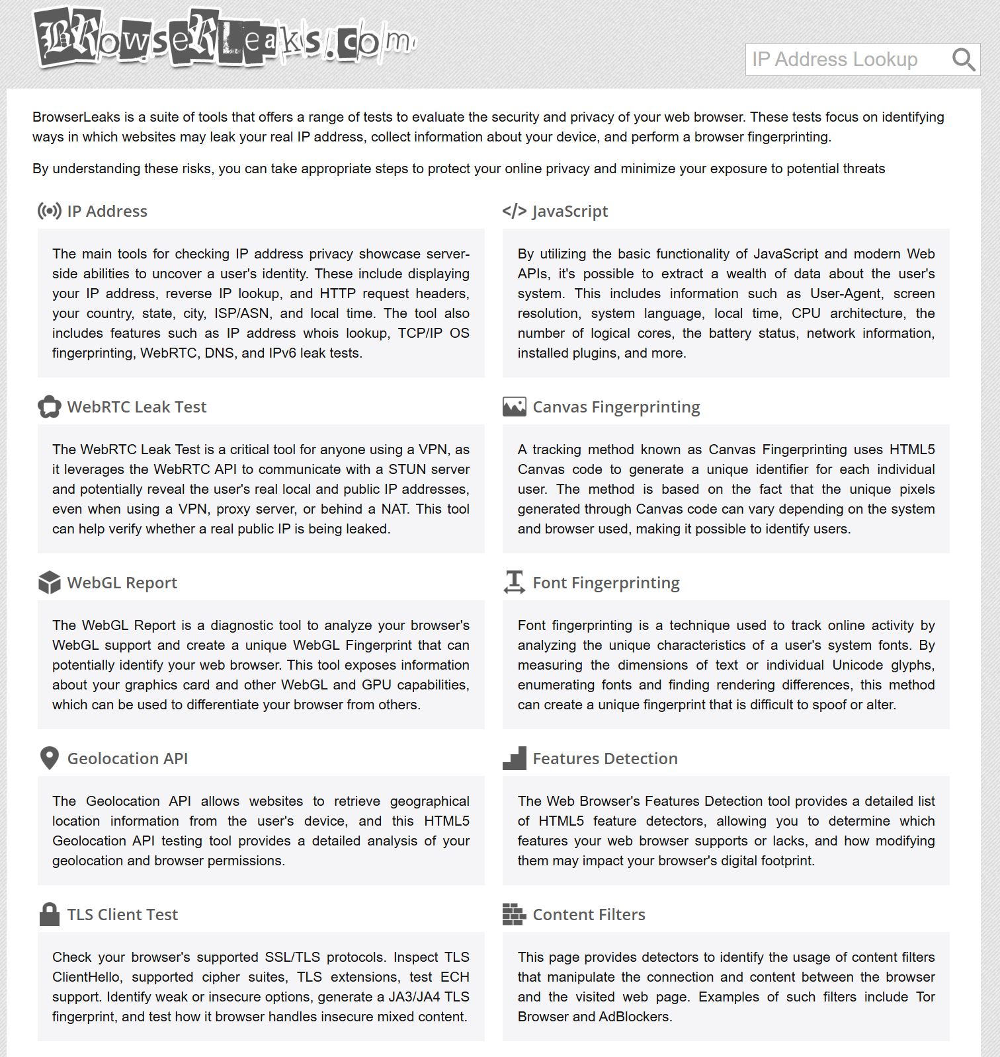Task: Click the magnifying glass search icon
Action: point(963,59)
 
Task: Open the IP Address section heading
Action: point(107,212)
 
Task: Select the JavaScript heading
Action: point(569,212)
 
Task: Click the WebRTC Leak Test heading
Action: point(137,407)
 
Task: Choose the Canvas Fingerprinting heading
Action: point(616,407)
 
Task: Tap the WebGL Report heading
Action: point(122,583)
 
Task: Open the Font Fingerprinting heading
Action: point(606,583)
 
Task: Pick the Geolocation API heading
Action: point(128,759)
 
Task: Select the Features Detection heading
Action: point(605,759)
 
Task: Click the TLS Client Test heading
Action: point(122,915)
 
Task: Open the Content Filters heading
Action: point(589,915)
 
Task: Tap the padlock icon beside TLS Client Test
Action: point(50,914)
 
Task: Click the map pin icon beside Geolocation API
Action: point(50,758)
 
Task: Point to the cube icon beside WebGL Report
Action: point(50,582)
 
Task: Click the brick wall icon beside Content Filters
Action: point(514,914)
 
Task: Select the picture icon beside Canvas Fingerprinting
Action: point(514,407)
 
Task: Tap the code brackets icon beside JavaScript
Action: point(514,211)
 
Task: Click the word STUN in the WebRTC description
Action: point(407,469)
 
